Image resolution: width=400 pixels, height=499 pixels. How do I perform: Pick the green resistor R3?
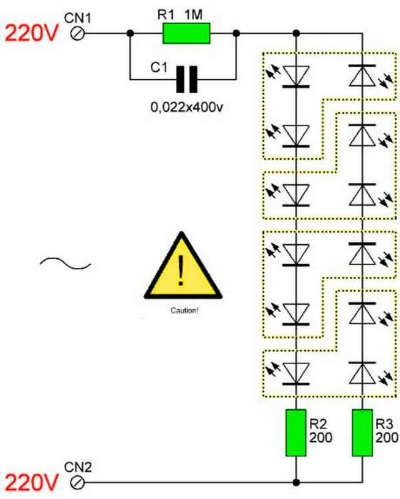pos(361,433)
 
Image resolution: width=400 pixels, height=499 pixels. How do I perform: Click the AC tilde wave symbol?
pos(65,264)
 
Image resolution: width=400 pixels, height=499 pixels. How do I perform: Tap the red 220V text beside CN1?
pos(31,32)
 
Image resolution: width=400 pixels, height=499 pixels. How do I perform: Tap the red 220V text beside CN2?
pos(31,480)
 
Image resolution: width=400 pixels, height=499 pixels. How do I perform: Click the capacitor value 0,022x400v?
pos(185,106)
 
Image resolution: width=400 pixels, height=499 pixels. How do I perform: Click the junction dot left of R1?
pos(131,33)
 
